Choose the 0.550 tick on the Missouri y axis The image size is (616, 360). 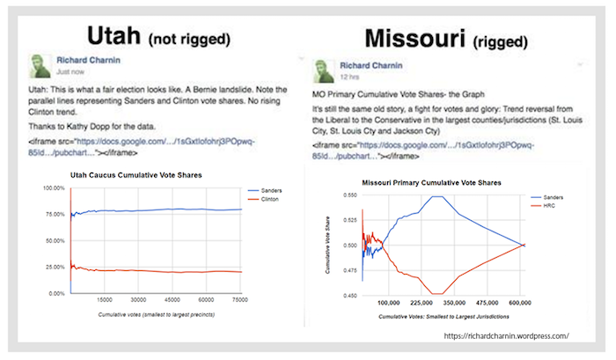click(349, 195)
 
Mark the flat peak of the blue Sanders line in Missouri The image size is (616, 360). click(435, 197)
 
